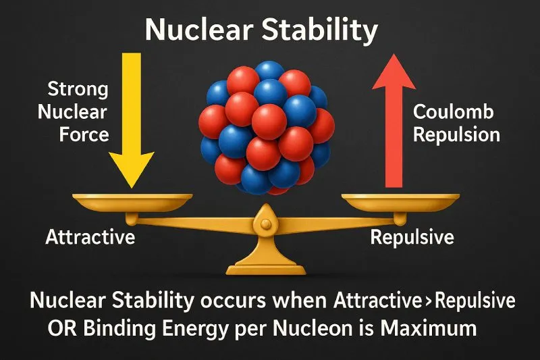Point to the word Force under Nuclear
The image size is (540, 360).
click(x=84, y=134)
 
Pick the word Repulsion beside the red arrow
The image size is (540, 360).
click(x=456, y=134)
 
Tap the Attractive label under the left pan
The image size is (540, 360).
click(x=90, y=237)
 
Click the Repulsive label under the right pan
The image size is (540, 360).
click(x=412, y=237)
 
